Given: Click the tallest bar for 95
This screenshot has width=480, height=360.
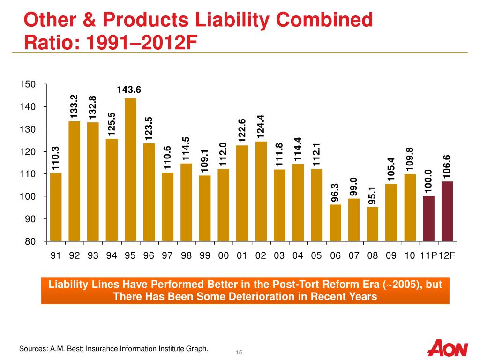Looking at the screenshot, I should (130, 170).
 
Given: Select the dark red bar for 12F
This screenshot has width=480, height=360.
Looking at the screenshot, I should (447, 211).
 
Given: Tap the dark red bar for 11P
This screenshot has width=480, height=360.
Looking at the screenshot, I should (428, 218).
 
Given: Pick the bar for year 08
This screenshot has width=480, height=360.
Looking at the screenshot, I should (373, 224).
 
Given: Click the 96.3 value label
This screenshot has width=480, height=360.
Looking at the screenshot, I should (335, 193).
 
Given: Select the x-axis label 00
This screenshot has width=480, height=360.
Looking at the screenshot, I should (224, 255).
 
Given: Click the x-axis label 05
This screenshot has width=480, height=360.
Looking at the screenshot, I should (316, 255).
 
